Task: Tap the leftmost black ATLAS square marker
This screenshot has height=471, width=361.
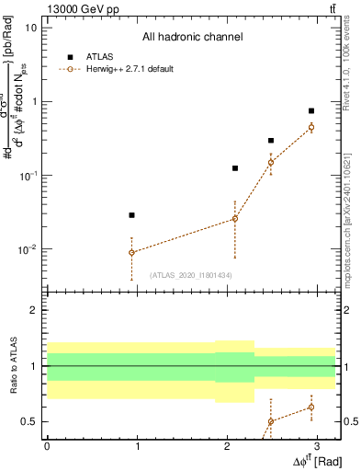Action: [132, 214]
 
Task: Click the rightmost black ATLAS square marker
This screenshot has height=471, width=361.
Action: [311, 110]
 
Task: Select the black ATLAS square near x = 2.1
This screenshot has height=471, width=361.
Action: [235, 168]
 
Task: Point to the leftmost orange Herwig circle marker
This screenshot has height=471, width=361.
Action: [132, 252]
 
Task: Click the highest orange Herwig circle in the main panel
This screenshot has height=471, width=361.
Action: [311, 127]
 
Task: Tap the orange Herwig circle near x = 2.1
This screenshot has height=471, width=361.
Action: [235, 218]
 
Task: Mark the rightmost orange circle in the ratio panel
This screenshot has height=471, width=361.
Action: [311, 407]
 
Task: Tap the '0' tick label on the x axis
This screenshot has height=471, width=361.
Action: [47, 446]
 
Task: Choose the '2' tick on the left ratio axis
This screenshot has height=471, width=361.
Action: [35, 310]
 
